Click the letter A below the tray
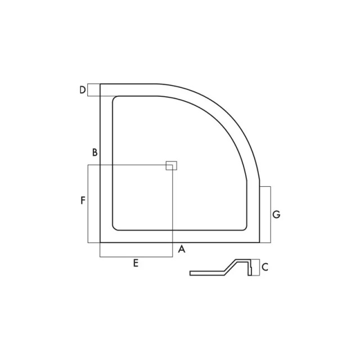coord(181,249)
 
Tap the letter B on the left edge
coord(95,152)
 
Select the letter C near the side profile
coord(265,267)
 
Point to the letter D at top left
coord(82,90)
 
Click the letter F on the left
coord(82,200)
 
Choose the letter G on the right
coord(276,214)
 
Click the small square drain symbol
coord(172,165)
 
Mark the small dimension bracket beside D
coord(93,90)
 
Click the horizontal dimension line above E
coord(136,256)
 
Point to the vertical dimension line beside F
coord(88,204)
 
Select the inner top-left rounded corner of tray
coord(116,100)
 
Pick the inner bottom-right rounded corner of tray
coord(244,227)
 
